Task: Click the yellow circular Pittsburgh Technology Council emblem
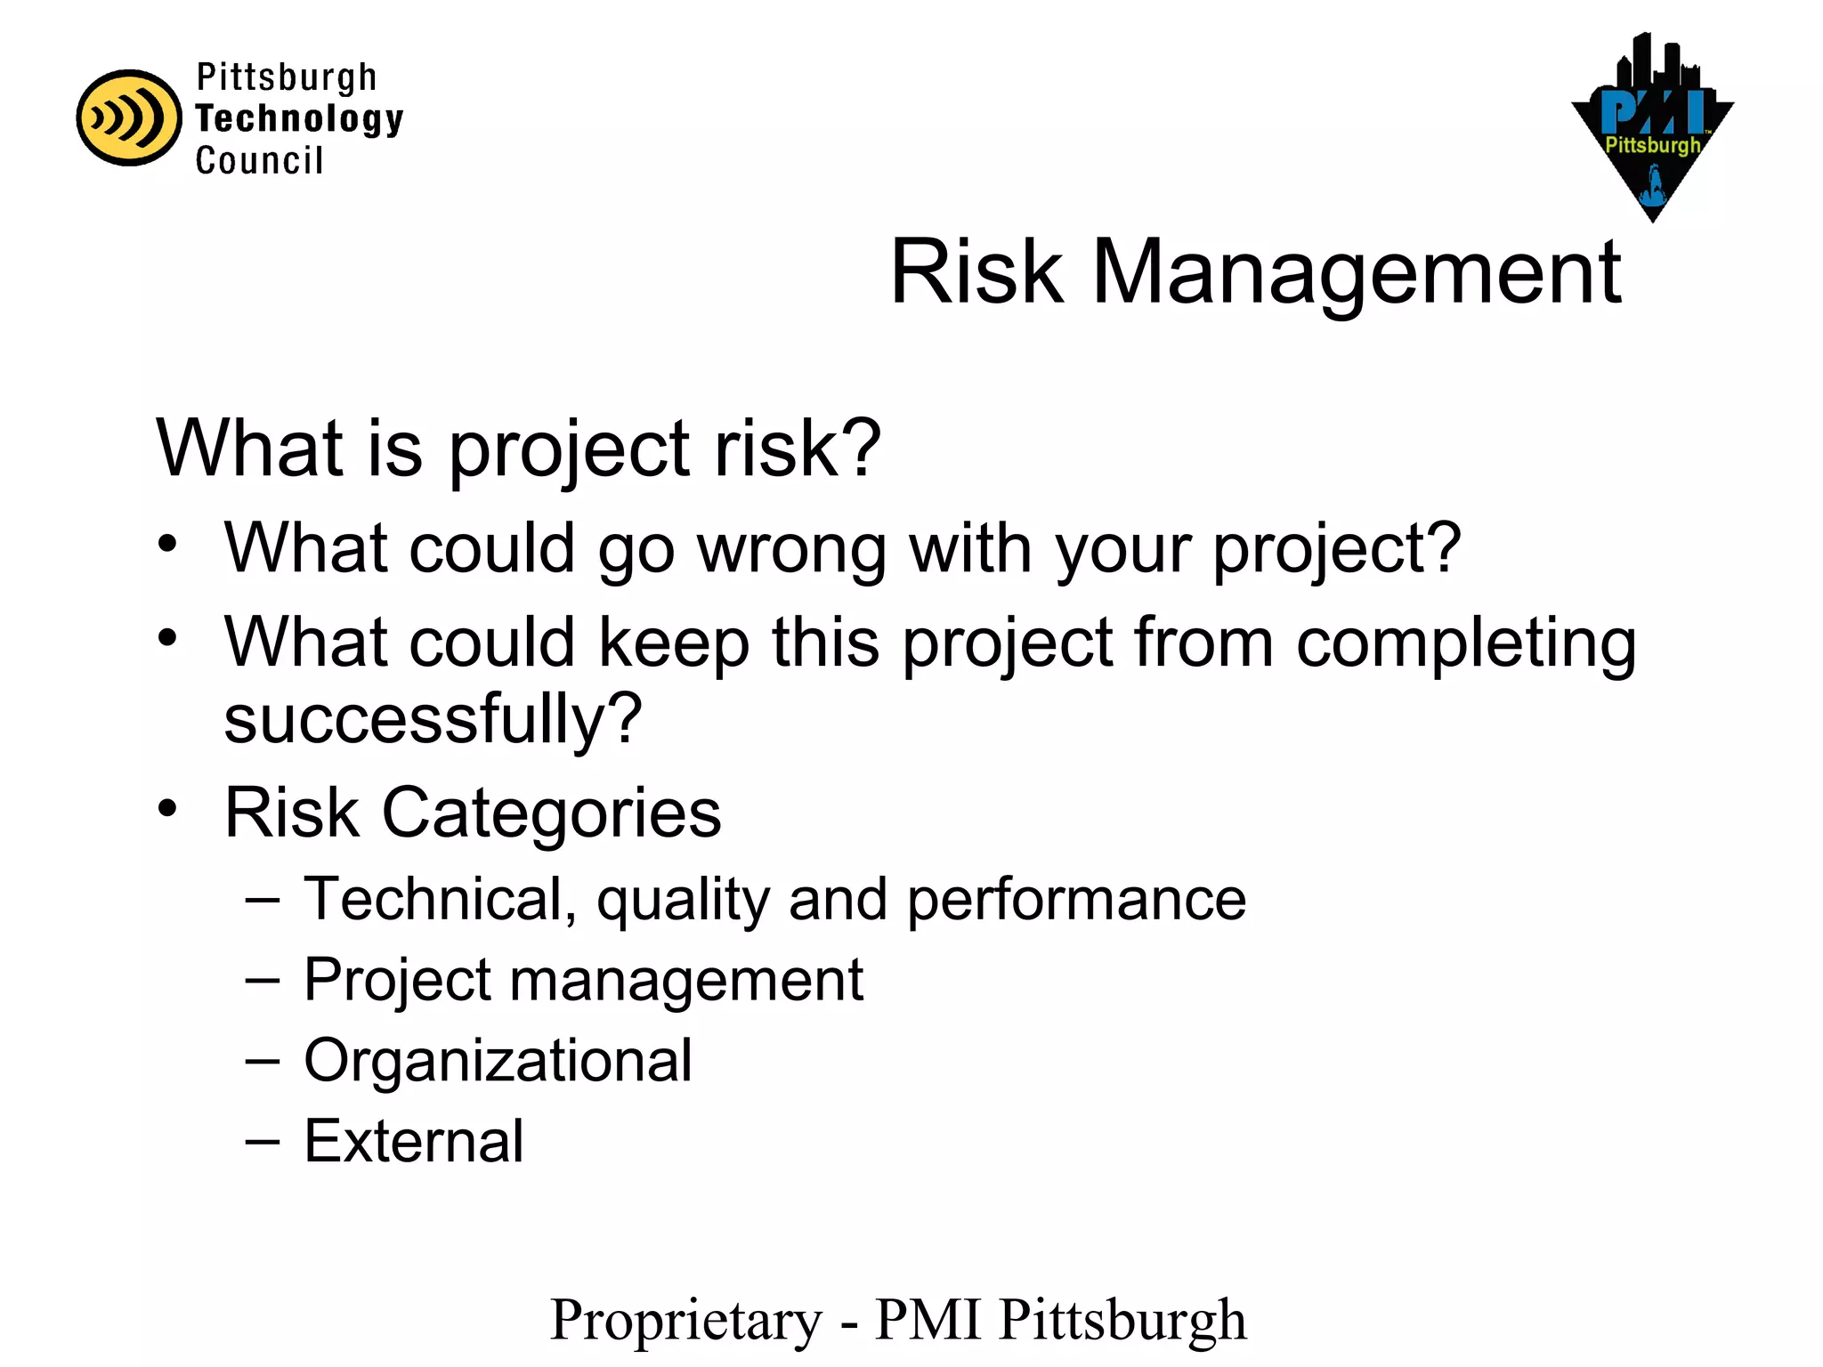[128, 117]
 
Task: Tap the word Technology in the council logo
[299, 119]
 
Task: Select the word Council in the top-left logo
[259, 161]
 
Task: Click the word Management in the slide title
[1356, 273]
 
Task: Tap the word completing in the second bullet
[1465, 643]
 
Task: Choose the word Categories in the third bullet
[551, 813]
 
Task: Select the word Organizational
[498, 1060]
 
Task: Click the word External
[414, 1141]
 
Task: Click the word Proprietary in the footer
[686, 1321]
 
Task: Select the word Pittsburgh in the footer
[1122, 1321]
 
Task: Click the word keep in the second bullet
[673, 643]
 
